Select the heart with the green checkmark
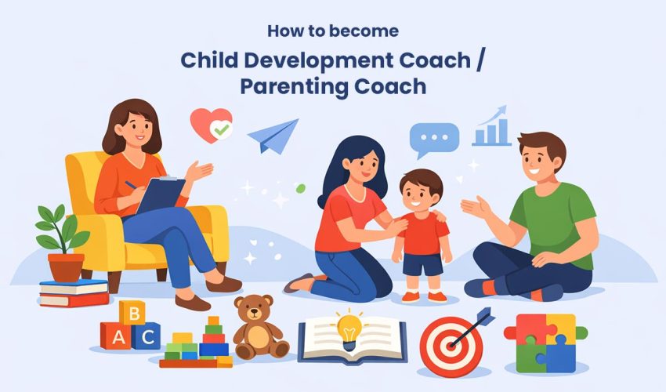click(x=212, y=125)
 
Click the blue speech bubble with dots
click(x=433, y=140)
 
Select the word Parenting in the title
click(x=291, y=85)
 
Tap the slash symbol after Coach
click(x=480, y=60)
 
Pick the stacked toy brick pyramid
click(x=200, y=345)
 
